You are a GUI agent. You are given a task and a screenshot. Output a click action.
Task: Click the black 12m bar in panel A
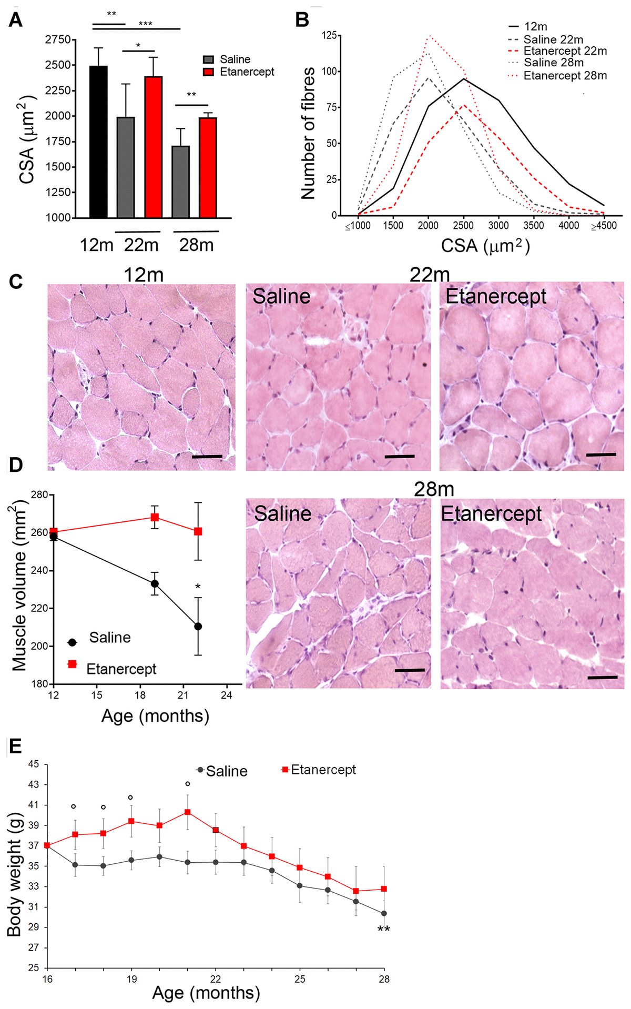coord(98,142)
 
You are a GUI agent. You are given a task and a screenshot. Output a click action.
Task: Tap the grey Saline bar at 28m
coord(181,181)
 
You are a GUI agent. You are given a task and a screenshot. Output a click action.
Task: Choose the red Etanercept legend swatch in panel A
coord(209,72)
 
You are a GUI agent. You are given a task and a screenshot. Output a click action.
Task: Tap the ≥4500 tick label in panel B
coord(604,226)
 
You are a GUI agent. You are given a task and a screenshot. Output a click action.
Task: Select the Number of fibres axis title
coord(308,133)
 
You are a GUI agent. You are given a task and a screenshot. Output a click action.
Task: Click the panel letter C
coord(16,282)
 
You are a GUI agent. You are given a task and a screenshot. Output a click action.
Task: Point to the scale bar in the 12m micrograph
coord(207,457)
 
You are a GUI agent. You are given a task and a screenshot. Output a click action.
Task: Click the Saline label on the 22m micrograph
coord(281,296)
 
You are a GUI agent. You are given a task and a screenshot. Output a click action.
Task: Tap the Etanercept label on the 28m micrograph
coord(491,513)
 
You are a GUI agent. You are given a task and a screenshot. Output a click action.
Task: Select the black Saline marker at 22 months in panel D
coord(198,627)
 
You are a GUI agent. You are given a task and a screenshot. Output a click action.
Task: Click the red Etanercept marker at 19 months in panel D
coord(155,517)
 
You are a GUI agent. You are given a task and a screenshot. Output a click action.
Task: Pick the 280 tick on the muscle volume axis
coord(40,495)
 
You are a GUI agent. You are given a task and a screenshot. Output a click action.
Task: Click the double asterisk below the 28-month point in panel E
coord(384,930)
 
